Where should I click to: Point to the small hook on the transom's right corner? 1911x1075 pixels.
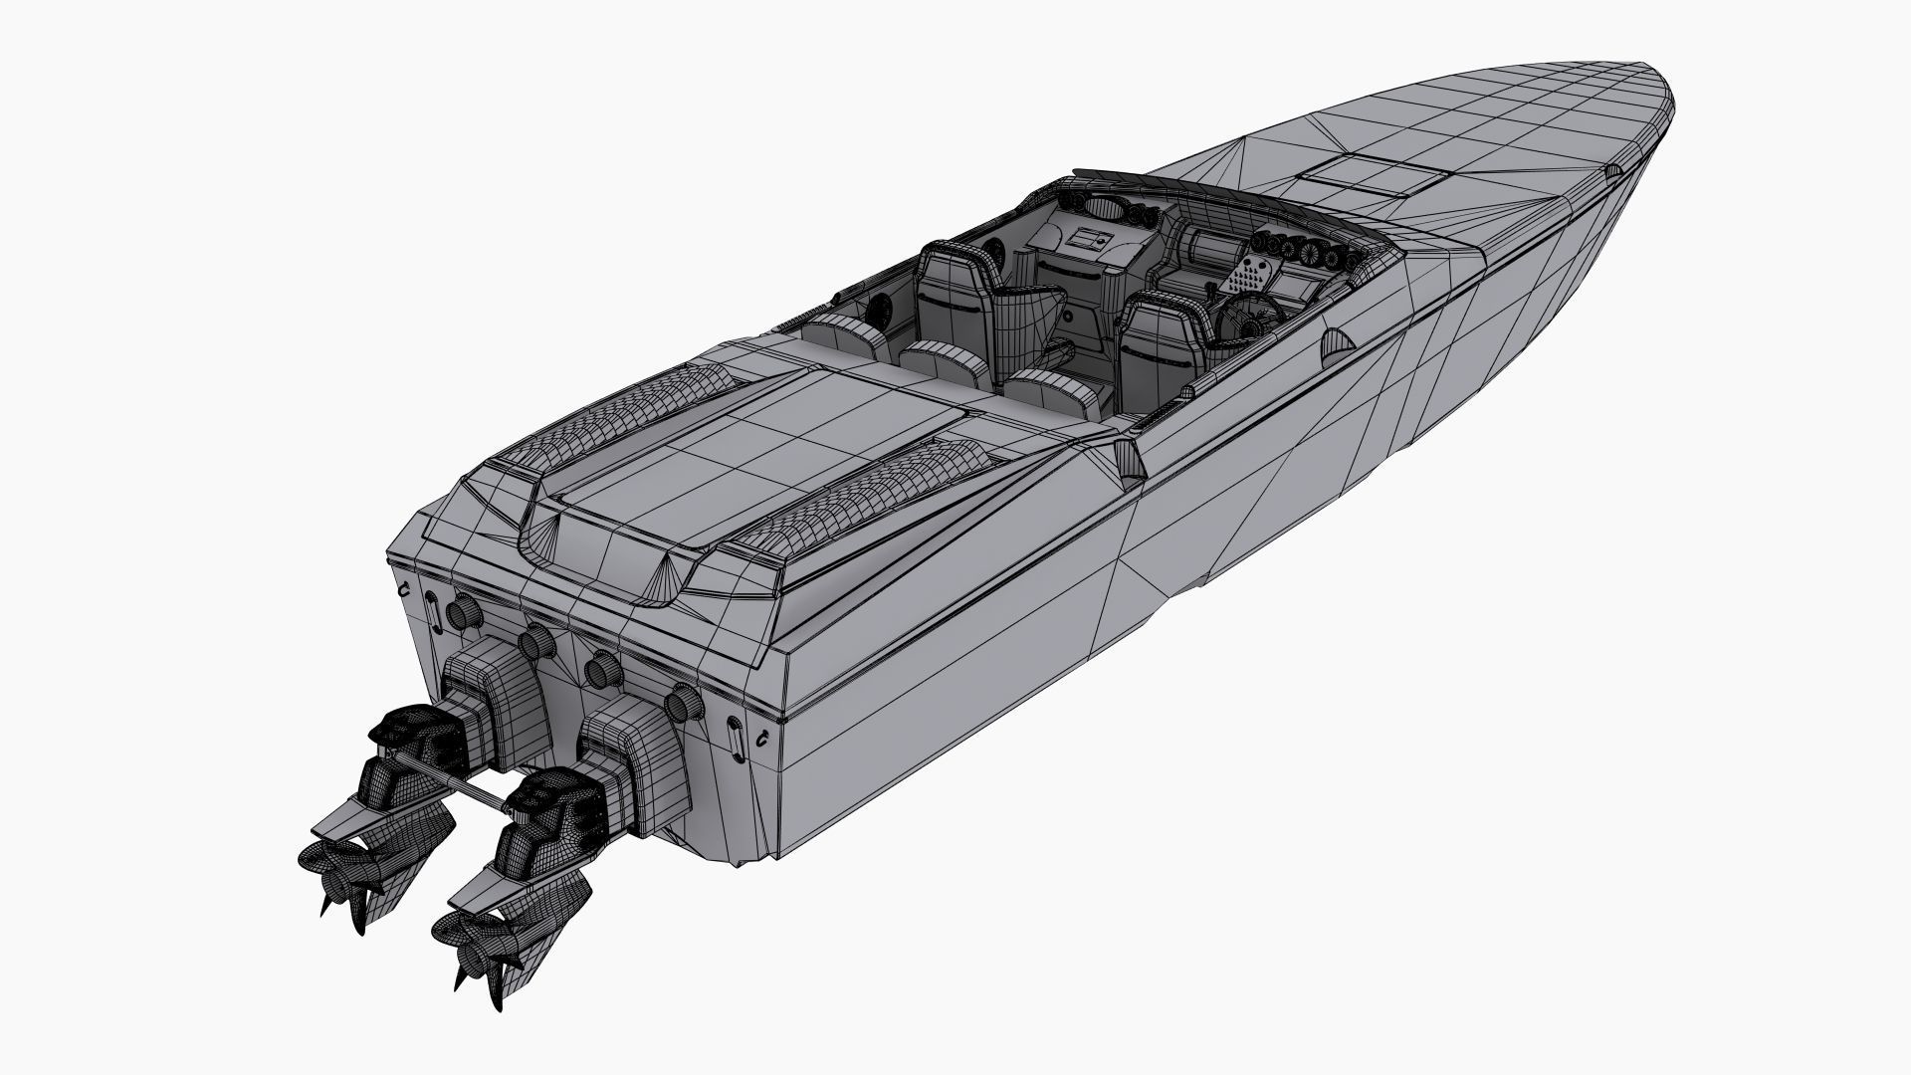tap(760, 739)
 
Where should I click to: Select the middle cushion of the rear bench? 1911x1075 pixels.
tap(935, 357)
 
